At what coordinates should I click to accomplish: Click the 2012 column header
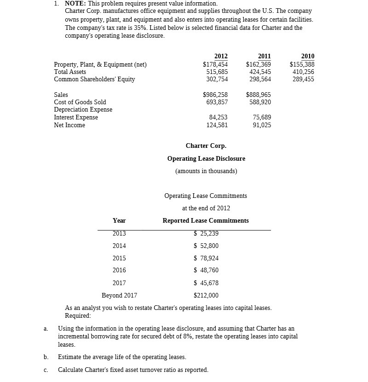[x=221, y=56]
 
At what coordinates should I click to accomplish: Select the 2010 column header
[x=308, y=56]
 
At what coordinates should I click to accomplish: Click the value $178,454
[x=215, y=64]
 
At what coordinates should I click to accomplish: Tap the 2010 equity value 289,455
[x=304, y=79]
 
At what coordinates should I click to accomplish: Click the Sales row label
[x=61, y=95]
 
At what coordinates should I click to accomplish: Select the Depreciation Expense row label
[x=83, y=109]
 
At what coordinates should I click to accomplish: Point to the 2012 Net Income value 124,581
[x=217, y=125]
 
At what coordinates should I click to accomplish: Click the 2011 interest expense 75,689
[x=262, y=117]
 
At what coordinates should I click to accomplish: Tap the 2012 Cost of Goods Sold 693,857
[x=217, y=102]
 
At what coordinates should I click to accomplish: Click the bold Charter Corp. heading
[x=206, y=146]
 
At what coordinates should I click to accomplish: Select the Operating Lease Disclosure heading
[x=206, y=158]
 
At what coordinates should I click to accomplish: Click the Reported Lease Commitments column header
[x=206, y=220]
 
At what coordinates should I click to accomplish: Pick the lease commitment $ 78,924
[x=206, y=258]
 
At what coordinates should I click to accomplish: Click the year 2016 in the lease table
[x=119, y=270]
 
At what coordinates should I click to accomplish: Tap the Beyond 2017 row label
[x=119, y=295]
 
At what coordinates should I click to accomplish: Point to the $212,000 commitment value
[x=206, y=295]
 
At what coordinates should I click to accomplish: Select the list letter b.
[x=46, y=357]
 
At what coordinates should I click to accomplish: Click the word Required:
[x=78, y=315]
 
